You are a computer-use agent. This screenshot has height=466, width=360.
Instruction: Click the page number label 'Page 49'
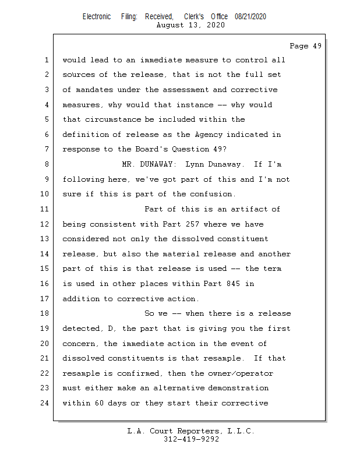point(305,46)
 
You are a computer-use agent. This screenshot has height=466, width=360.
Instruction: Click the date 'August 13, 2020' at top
point(190,25)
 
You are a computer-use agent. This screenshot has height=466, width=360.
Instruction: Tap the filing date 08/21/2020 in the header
point(250,17)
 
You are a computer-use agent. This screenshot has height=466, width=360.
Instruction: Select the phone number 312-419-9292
point(191,439)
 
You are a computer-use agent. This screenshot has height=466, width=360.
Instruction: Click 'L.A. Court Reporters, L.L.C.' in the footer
point(191,431)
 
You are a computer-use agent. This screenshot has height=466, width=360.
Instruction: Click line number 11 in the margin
point(45,209)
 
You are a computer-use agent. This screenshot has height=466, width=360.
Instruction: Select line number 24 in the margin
point(45,403)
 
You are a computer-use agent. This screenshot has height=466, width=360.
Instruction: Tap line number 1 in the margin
point(45,60)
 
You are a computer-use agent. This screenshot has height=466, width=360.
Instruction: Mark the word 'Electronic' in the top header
point(97,17)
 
